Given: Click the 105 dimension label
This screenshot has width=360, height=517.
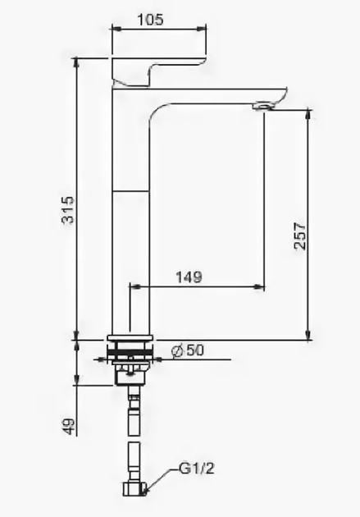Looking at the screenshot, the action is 150,20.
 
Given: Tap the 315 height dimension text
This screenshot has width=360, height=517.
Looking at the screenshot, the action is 69,211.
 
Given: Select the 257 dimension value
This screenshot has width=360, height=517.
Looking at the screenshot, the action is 300,236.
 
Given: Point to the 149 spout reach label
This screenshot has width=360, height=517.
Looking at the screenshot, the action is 189,277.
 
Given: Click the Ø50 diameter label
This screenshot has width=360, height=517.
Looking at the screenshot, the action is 188,350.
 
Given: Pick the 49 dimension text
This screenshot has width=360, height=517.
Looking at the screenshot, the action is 69,427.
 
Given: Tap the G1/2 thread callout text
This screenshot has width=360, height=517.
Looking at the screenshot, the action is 197,468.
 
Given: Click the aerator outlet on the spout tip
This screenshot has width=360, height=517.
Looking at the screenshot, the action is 263,106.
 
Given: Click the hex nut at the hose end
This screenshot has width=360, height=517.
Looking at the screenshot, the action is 134,488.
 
